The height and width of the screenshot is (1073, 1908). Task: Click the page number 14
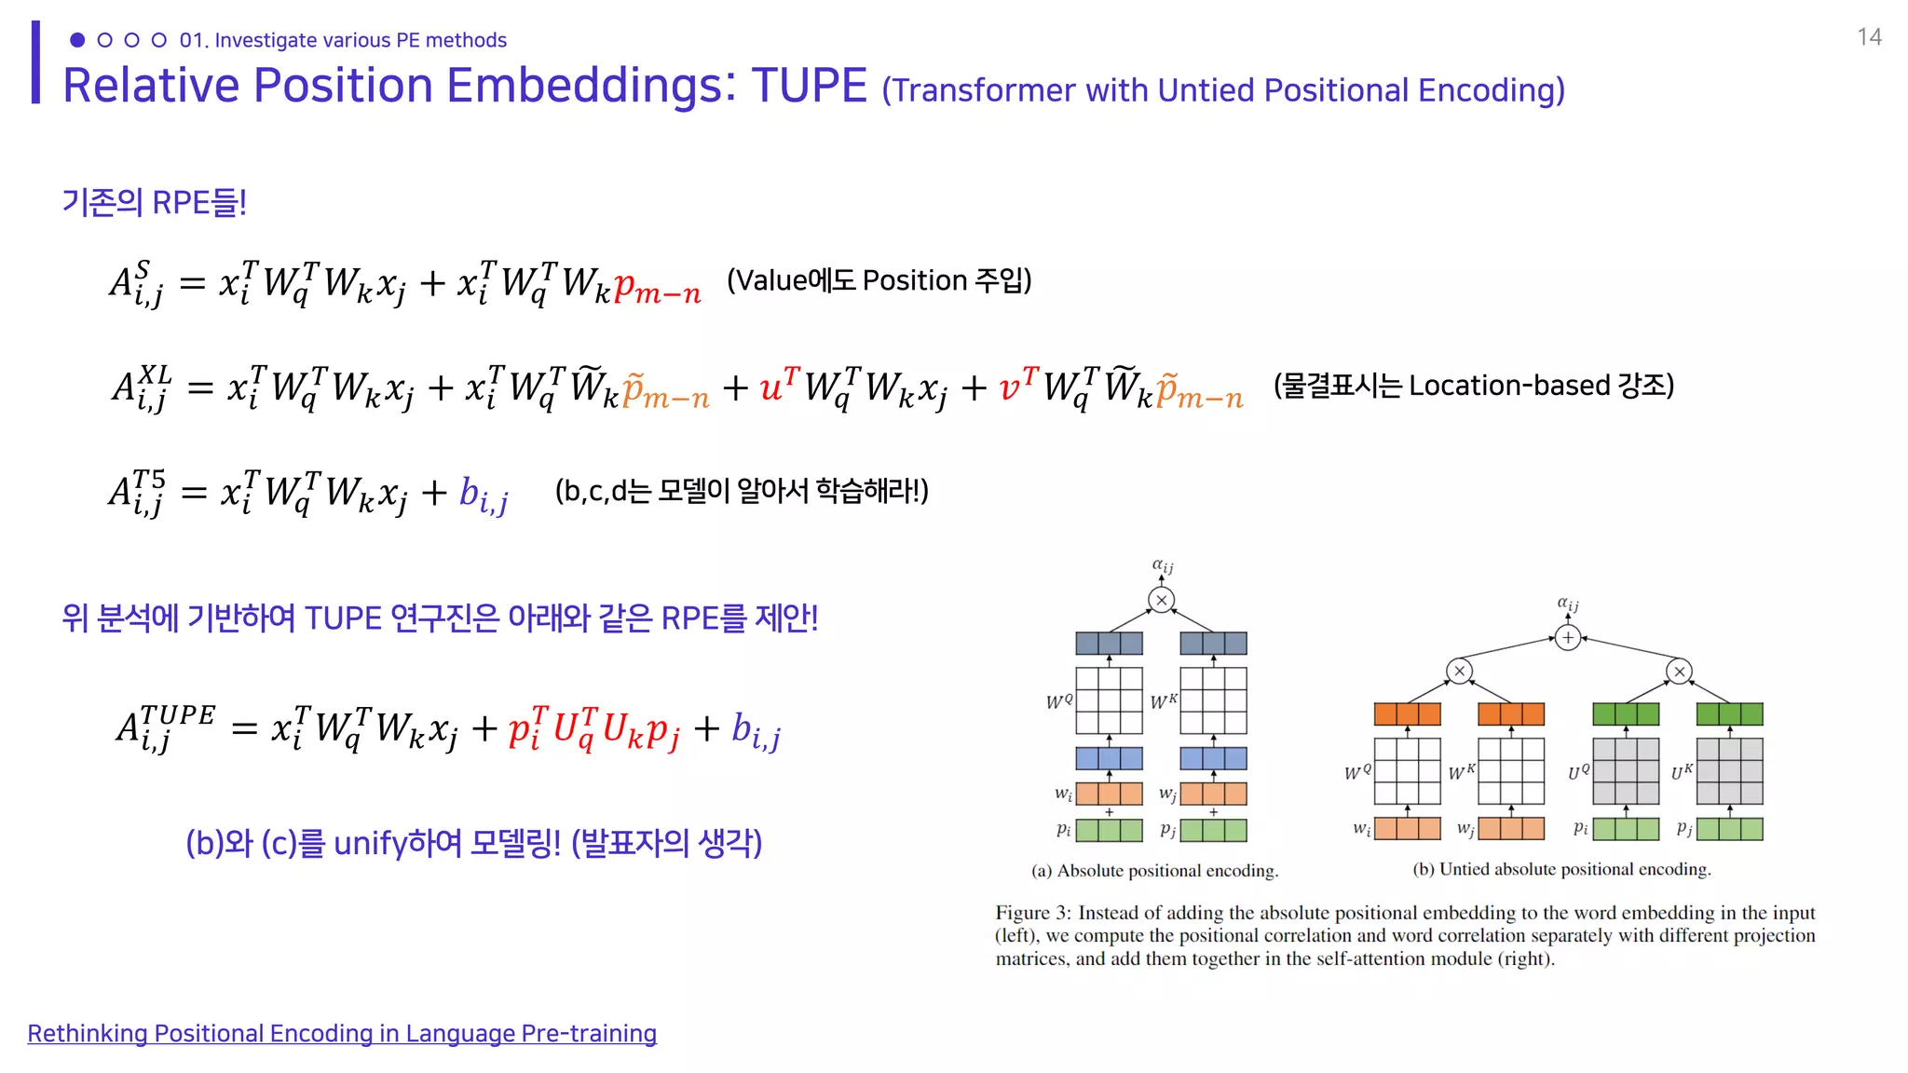(1868, 37)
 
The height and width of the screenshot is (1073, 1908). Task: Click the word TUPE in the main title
(809, 86)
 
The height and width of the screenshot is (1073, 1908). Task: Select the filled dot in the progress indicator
(77, 40)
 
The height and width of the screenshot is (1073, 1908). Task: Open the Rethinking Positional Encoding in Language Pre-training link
(342, 1034)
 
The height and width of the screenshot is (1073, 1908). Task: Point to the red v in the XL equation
(1010, 386)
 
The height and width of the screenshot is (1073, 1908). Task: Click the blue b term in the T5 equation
(483, 495)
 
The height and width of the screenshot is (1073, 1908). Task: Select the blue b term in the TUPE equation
(755, 731)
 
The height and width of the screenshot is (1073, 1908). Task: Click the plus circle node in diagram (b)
(1568, 638)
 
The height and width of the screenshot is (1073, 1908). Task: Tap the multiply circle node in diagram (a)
(1161, 601)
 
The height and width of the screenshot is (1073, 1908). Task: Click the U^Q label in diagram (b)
(1578, 772)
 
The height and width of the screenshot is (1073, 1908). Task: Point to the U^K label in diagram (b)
(1682, 772)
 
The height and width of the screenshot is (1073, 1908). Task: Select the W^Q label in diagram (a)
(1059, 701)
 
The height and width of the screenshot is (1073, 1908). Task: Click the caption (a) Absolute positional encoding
(1154, 871)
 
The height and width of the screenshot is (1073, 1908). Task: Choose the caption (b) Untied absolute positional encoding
(1561, 869)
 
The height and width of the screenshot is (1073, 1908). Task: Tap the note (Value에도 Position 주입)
(879, 280)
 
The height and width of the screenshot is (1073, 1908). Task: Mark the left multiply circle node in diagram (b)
(1460, 671)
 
